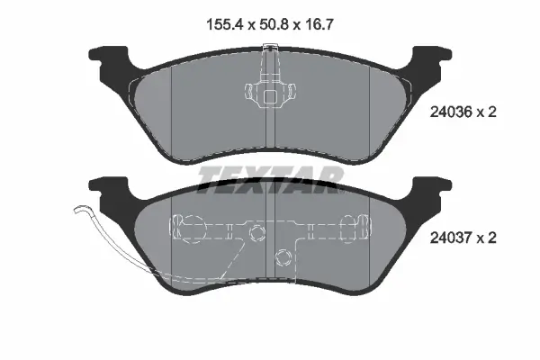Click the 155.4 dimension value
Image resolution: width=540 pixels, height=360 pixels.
[x=225, y=25]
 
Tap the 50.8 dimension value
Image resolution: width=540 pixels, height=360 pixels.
[x=273, y=25]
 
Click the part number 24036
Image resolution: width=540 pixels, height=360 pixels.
[x=451, y=112]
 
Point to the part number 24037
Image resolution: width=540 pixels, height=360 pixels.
[x=451, y=238]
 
